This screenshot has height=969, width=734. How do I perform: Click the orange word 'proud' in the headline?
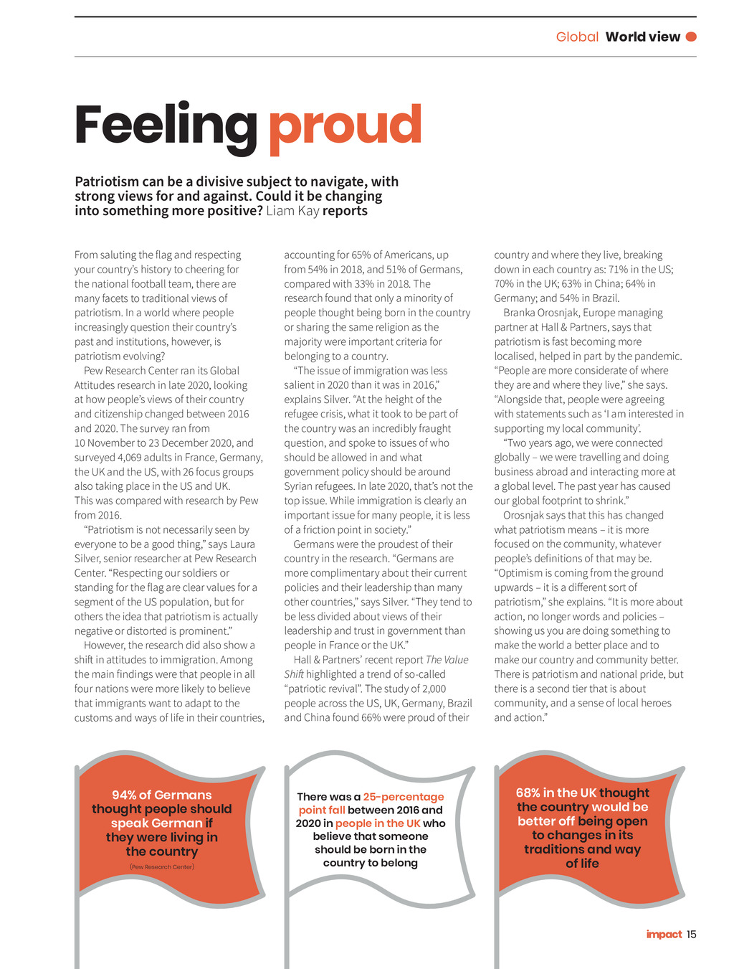point(345,125)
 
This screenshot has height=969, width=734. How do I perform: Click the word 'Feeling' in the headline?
point(166,126)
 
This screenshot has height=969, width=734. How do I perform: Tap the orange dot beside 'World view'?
point(691,37)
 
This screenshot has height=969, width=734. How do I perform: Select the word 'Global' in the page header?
point(577,37)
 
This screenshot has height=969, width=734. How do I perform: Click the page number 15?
point(691,934)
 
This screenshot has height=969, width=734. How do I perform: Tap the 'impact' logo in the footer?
point(664,934)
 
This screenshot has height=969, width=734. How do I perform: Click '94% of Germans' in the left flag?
point(162,795)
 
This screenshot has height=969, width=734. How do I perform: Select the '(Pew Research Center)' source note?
point(162,866)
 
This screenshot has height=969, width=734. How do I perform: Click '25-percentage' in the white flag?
point(404,797)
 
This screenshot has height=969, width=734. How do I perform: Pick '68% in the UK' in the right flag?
point(556,793)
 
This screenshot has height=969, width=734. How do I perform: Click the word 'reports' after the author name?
point(345,211)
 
